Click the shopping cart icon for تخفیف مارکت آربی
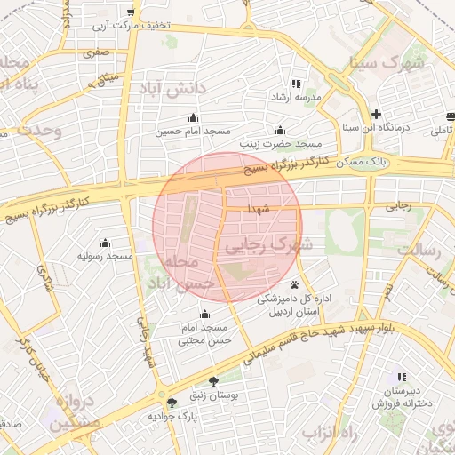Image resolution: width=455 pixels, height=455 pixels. point(132,12)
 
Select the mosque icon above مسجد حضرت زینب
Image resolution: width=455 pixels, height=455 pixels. point(281,130)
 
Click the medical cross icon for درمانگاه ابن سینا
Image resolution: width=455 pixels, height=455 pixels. point(377,114)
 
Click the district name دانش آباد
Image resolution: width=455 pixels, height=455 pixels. point(172,88)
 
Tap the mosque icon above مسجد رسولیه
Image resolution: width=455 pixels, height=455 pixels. point(105,243)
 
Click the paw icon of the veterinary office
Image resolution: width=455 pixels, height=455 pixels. point(294,285)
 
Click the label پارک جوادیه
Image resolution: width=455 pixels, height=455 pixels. point(172,415)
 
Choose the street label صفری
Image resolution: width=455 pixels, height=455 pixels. point(95,53)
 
